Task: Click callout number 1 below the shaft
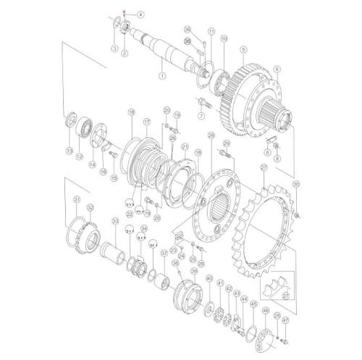(x=162, y=75)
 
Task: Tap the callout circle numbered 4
(x=140, y=14)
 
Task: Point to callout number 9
(x=277, y=69)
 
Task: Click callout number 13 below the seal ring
(x=70, y=151)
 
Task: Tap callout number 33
(x=114, y=221)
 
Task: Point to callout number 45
(x=253, y=305)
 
